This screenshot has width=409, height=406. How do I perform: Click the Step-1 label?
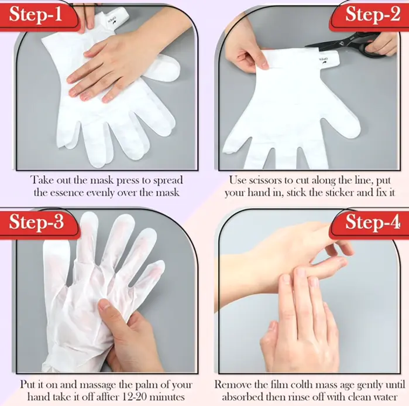(x=36, y=15)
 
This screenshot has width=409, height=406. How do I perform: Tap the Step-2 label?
(x=373, y=15)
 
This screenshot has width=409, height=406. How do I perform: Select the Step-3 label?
(x=36, y=222)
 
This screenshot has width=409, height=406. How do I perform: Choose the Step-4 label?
(x=373, y=222)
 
